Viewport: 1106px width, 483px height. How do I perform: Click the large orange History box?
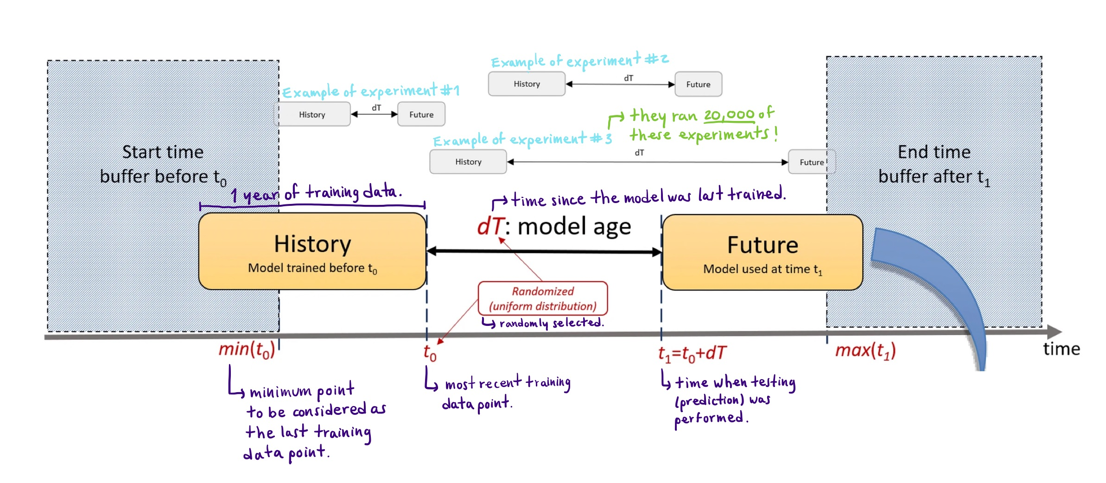click(x=312, y=252)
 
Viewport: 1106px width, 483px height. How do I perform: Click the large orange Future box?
click(x=762, y=253)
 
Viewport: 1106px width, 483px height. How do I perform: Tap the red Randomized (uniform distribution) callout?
click(x=542, y=299)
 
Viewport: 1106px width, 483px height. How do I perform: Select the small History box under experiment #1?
click(x=312, y=114)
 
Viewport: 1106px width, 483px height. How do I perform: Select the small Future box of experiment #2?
click(x=698, y=84)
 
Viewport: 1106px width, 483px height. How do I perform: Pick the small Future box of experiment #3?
click(x=811, y=162)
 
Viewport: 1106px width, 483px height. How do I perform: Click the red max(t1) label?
click(x=865, y=351)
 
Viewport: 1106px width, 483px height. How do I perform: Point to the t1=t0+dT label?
click(x=692, y=354)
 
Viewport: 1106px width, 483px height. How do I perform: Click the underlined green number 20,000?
click(x=729, y=115)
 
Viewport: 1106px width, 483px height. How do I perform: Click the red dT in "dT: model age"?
click(x=489, y=227)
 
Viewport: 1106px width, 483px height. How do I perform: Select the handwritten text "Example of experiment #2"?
click(x=579, y=61)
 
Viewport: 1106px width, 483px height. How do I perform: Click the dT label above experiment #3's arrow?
click(x=639, y=153)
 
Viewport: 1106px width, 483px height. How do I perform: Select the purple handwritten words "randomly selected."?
click(x=551, y=323)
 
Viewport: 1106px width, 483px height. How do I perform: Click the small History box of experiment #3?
click(x=468, y=162)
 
